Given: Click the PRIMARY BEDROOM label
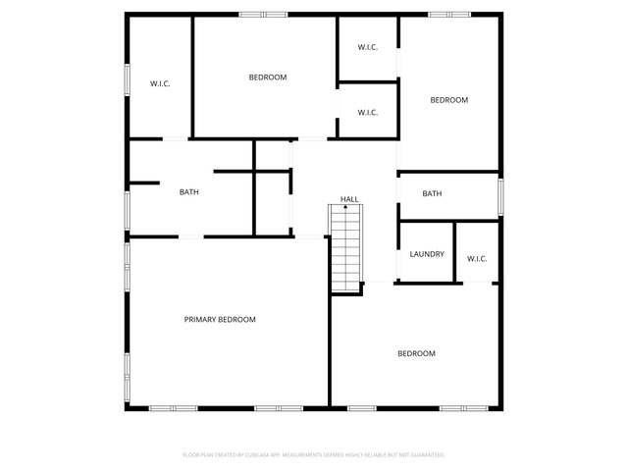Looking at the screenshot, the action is [x=220, y=320].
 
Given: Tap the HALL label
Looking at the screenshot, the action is [x=349, y=199].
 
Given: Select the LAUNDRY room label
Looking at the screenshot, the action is [x=427, y=254].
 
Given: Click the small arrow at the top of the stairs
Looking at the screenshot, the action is [x=345, y=207].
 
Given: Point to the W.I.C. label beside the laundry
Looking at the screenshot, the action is [x=477, y=259].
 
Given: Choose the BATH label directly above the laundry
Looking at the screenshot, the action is [x=432, y=194].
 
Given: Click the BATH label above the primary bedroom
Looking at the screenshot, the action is [x=189, y=192].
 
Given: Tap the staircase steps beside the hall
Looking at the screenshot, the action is [x=345, y=248].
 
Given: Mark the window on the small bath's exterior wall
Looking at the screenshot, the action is [x=500, y=197].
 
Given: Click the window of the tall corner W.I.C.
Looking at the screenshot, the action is [x=127, y=79].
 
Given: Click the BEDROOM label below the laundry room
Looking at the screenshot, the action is [x=416, y=353].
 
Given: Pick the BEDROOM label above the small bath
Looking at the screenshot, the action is [x=449, y=100].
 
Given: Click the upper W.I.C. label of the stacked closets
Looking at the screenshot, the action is [x=368, y=47].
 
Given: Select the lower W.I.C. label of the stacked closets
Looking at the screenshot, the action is [x=368, y=113].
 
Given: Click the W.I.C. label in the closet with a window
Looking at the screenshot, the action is [x=160, y=83].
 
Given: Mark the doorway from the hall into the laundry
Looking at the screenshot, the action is [x=398, y=264].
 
